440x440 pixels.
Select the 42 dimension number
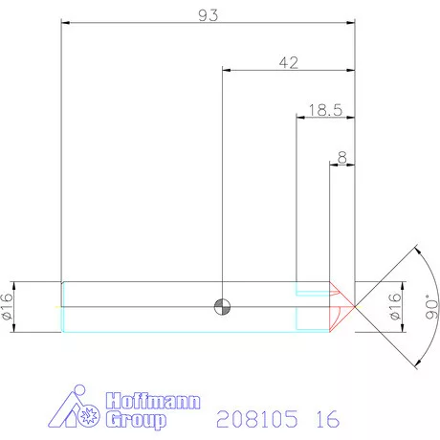(x=289, y=62)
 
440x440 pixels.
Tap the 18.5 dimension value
(x=325, y=110)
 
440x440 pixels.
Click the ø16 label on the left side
(x=9, y=307)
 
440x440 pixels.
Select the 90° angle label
(x=429, y=307)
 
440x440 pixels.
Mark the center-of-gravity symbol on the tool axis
(x=222, y=307)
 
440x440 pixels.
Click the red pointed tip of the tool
(x=351, y=307)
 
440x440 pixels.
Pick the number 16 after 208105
(x=325, y=419)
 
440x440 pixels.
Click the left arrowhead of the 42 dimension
(x=226, y=70)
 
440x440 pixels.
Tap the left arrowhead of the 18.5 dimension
(x=299, y=118)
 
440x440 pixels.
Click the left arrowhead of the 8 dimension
(x=334, y=163)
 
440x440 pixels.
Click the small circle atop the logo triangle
(x=80, y=393)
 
